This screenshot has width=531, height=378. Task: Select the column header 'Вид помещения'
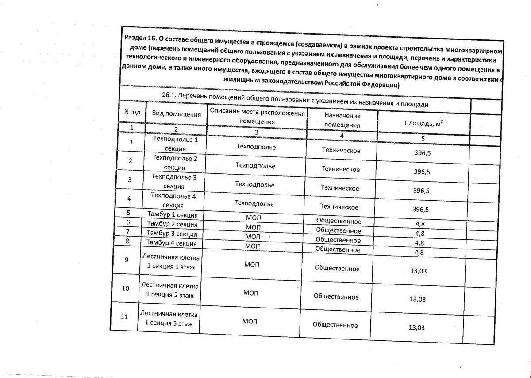(x=177, y=114)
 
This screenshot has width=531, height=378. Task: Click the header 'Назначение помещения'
(x=342, y=120)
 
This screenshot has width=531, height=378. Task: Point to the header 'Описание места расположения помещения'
(x=257, y=117)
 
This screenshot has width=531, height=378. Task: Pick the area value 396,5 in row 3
(x=421, y=191)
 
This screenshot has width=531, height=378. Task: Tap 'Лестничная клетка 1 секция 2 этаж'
(x=170, y=290)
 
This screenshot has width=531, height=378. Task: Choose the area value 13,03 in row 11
(x=417, y=328)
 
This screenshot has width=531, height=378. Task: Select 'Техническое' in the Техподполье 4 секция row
(x=339, y=207)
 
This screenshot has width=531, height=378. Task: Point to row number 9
(x=127, y=260)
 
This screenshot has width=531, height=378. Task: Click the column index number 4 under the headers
(x=342, y=135)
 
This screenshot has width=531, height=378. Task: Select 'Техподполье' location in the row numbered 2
(x=256, y=166)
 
